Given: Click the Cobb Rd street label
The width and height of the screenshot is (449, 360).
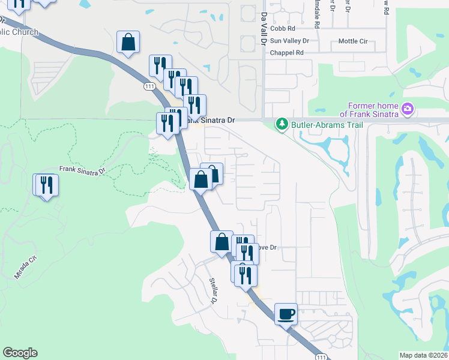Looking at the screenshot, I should [x=283, y=28].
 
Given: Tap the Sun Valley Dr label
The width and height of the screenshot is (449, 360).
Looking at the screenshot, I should [x=289, y=41].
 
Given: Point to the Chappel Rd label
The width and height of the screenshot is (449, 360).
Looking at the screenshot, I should [x=286, y=53].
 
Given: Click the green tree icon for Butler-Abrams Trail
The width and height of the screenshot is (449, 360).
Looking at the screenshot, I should [x=281, y=124].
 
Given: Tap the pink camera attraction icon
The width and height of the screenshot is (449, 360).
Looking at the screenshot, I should [x=408, y=109].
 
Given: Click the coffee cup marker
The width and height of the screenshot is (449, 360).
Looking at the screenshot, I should [x=286, y=313].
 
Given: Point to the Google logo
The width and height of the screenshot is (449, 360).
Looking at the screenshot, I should [x=20, y=353].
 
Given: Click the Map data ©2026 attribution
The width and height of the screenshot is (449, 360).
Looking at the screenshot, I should [x=423, y=355].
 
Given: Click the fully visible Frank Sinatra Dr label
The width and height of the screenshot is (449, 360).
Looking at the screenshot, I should [x=82, y=170].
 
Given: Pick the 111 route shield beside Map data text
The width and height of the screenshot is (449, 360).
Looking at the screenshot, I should [x=321, y=356].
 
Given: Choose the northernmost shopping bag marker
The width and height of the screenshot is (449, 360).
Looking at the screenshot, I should [x=128, y=43].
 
